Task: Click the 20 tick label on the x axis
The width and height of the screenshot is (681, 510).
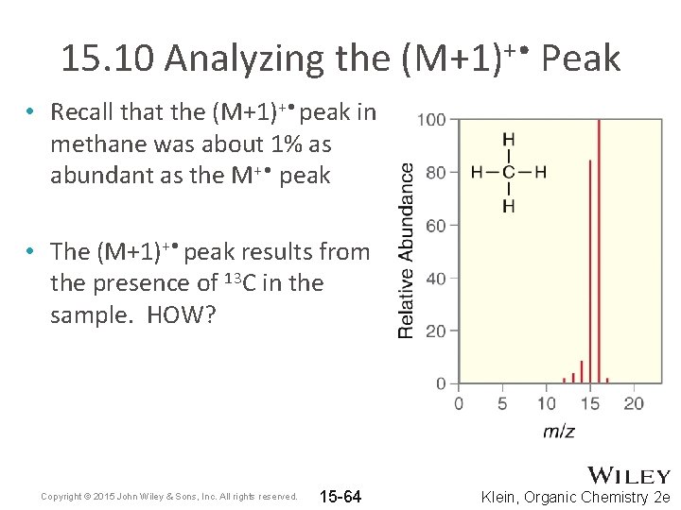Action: (634, 403)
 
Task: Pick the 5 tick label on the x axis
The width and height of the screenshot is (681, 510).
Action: (502, 403)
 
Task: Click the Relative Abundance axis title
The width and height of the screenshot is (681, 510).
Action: (406, 251)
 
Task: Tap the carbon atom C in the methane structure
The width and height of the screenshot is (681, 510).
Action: (509, 172)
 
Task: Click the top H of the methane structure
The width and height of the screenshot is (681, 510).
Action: (509, 140)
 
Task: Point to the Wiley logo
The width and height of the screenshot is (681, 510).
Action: (629, 476)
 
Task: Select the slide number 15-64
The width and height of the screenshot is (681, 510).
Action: (340, 497)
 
